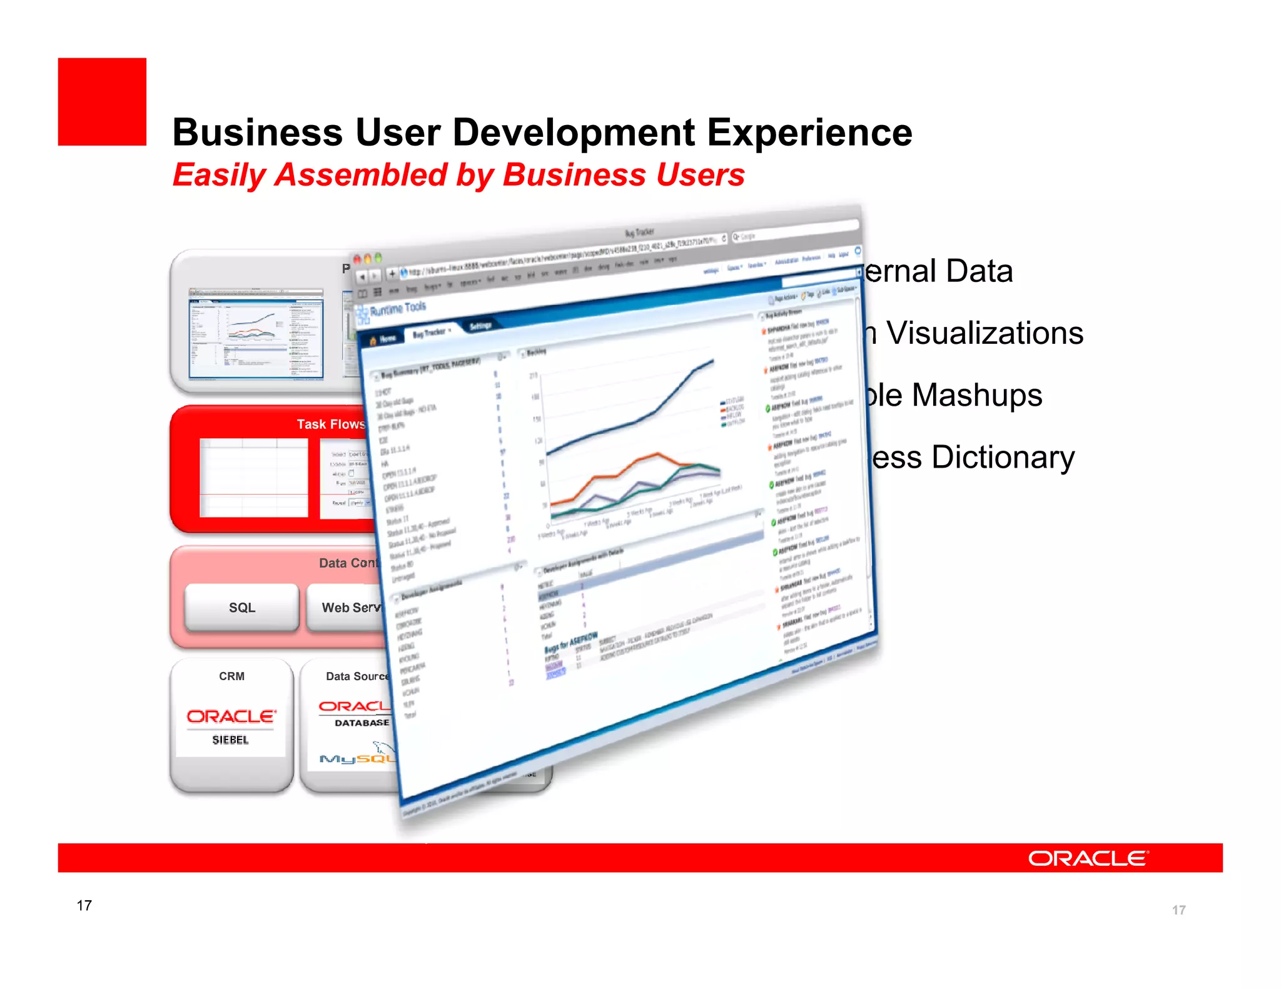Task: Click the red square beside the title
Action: coord(102,102)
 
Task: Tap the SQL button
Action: coord(242,608)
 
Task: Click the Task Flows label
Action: coord(330,424)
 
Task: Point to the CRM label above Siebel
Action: coord(231,676)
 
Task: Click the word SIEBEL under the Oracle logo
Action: coord(230,740)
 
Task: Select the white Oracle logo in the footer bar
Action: coord(1088,858)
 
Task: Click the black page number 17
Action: coord(84,905)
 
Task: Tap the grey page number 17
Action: coord(1178,910)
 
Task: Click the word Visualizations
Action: coord(985,333)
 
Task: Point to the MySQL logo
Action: coord(357,757)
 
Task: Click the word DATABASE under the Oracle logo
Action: coord(362,723)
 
